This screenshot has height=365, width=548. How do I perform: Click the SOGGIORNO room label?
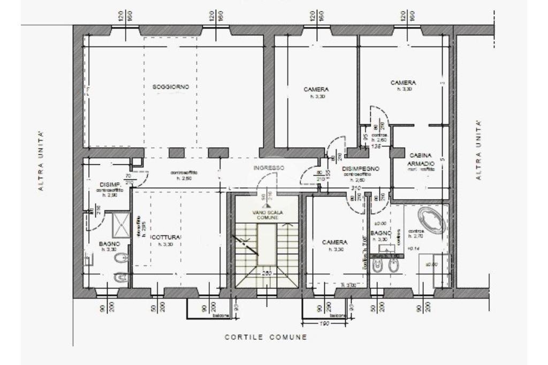(x=171, y=87)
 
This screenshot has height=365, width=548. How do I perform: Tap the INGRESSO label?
(x=268, y=168)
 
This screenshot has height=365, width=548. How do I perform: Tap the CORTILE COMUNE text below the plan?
(x=266, y=337)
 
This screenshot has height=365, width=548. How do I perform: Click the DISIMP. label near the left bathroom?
(x=108, y=185)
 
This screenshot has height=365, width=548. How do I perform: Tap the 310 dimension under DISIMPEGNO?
(x=355, y=188)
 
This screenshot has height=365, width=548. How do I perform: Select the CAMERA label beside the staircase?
(x=335, y=242)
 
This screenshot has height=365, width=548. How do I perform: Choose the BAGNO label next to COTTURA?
(x=110, y=244)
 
